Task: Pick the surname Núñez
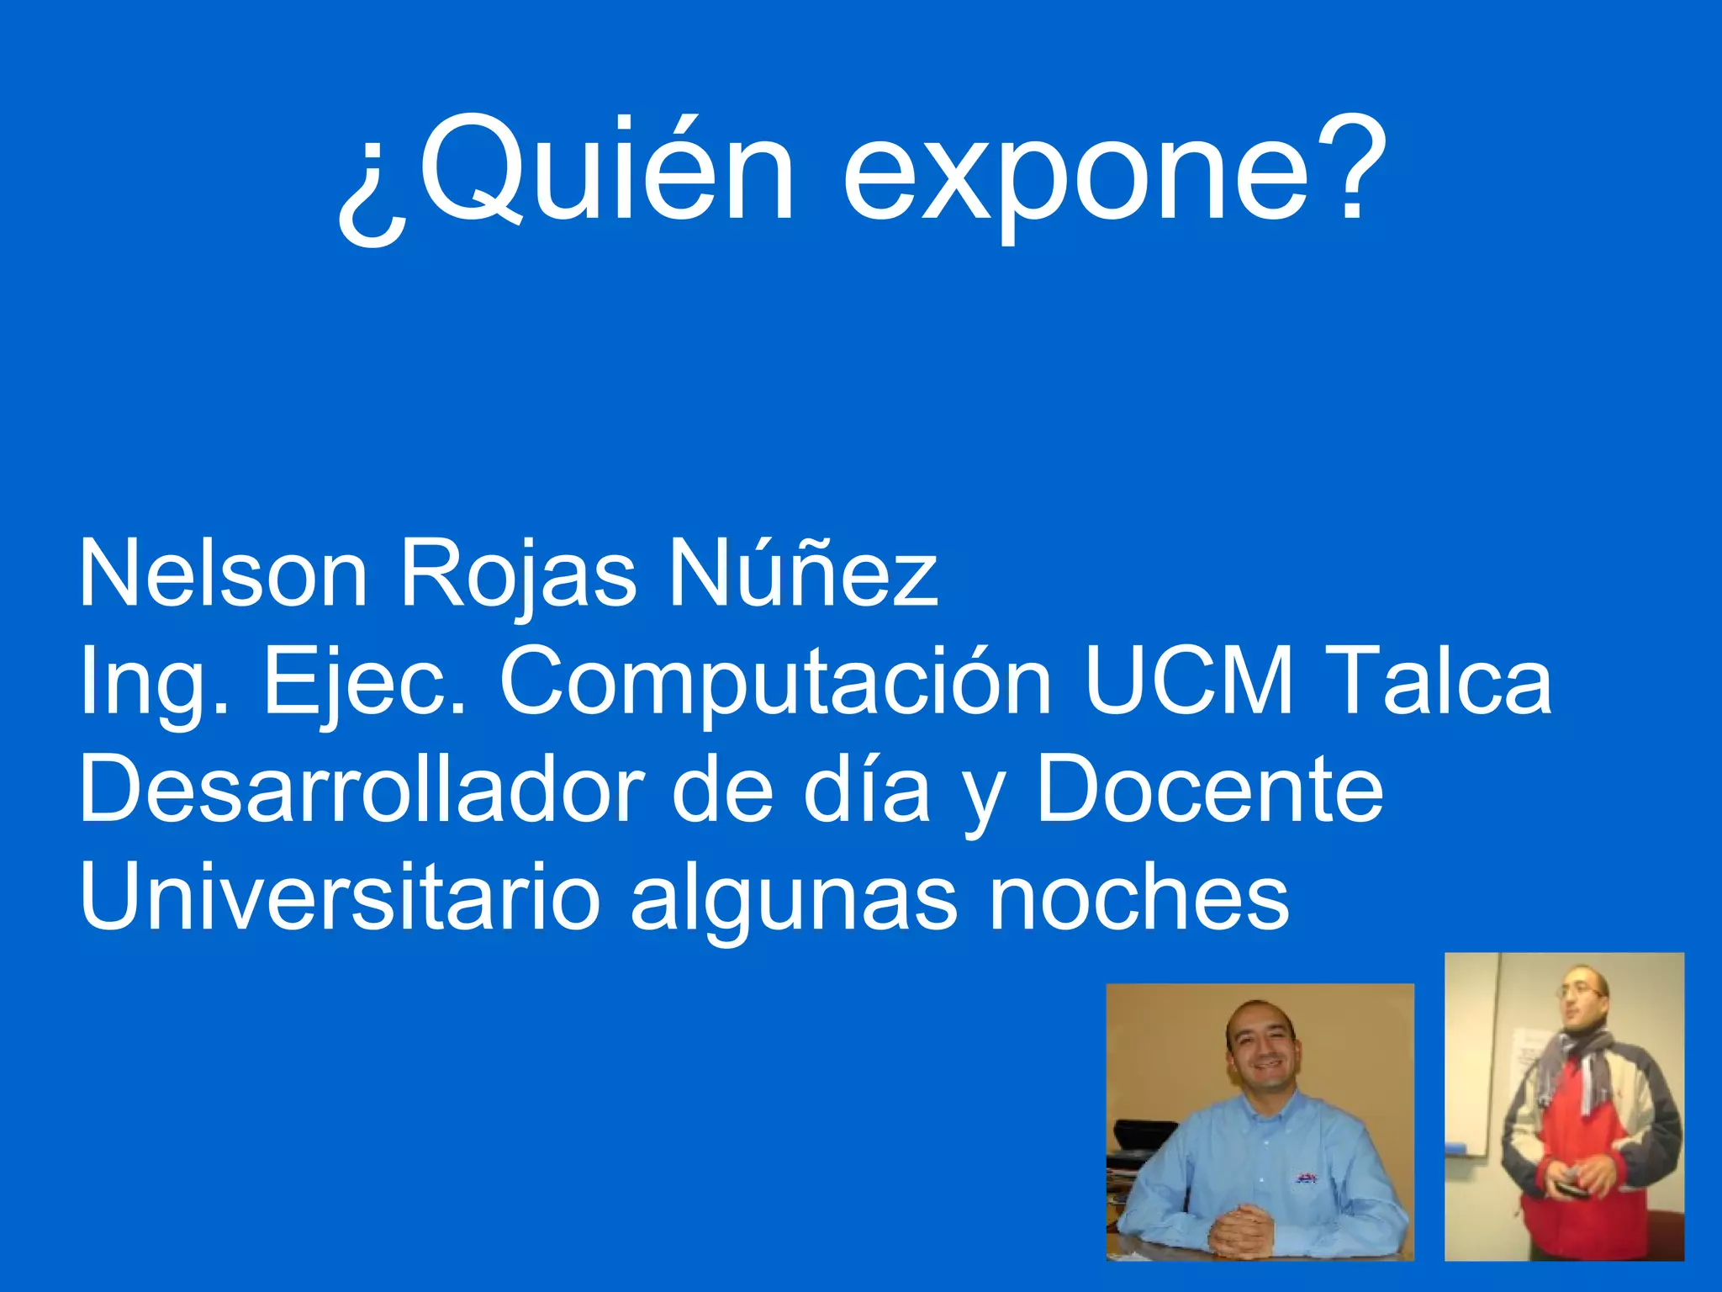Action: [x=803, y=572]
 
